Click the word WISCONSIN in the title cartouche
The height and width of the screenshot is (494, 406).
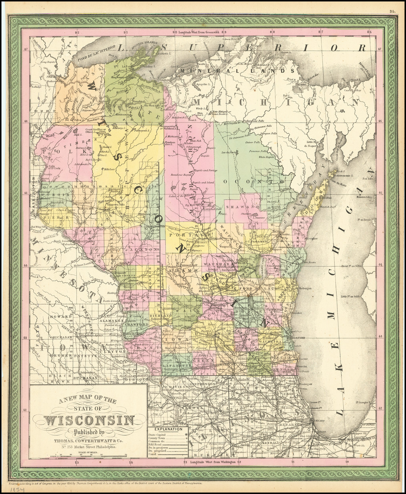coord(88,421)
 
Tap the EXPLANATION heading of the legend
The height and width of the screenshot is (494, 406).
coord(169,429)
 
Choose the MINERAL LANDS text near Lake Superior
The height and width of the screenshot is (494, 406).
coord(238,71)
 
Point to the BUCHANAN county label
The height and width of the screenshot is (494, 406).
coord(84,378)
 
